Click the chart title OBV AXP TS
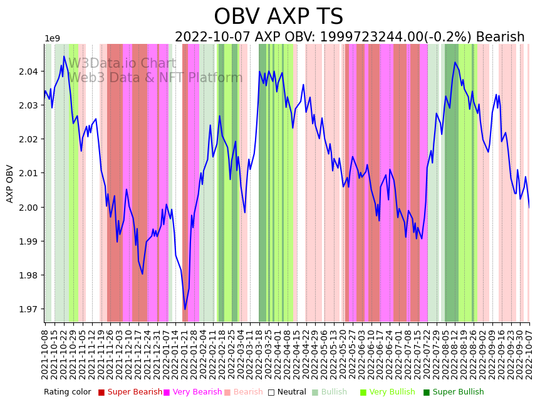coord(278,17)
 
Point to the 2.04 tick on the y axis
coord(29,71)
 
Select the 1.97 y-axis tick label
coord(29,309)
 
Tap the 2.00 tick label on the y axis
coord(29,208)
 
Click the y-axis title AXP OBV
coord(10,184)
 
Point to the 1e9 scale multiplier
coord(52,39)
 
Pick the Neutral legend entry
coord(287,393)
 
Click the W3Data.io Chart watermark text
coord(122,63)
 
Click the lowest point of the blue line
coord(185,309)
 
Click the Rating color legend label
coord(67,393)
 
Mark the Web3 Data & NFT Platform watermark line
coord(155,78)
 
